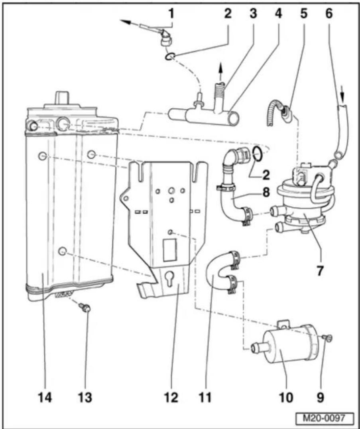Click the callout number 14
tap(45, 397)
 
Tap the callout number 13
tap(85, 397)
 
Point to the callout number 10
tap(285, 397)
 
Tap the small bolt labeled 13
tap(85, 308)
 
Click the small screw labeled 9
tap(328, 338)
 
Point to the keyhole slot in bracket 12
tap(170, 279)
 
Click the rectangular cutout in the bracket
tap(169, 250)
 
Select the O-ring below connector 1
tap(170, 57)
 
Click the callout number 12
tap(171, 397)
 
